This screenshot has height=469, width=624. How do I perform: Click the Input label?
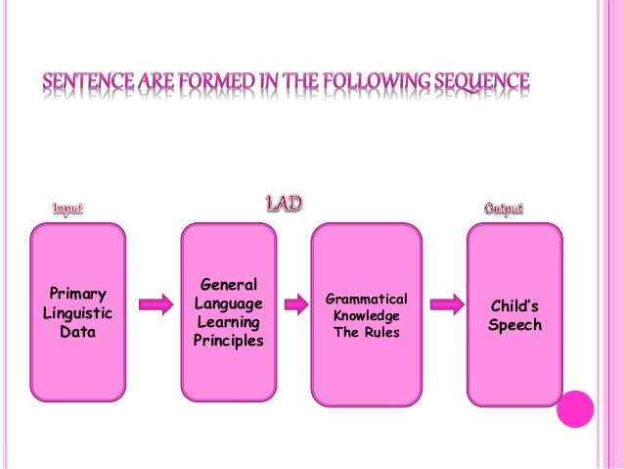(x=67, y=208)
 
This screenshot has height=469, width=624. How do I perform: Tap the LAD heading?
(x=284, y=204)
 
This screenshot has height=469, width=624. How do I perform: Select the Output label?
(x=504, y=208)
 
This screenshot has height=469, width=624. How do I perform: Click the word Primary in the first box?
(x=78, y=294)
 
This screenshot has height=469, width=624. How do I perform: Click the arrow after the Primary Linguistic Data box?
(x=155, y=305)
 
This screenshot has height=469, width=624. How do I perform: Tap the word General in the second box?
(x=228, y=285)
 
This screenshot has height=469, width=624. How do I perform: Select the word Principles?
(x=228, y=341)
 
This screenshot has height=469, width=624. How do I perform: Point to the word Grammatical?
(x=366, y=298)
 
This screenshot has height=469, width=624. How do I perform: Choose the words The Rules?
(x=366, y=333)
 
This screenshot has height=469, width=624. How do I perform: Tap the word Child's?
(x=514, y=305)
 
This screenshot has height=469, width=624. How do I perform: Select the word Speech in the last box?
(x=514, y=325)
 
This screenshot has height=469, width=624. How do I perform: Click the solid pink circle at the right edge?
(x=575, y=409)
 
